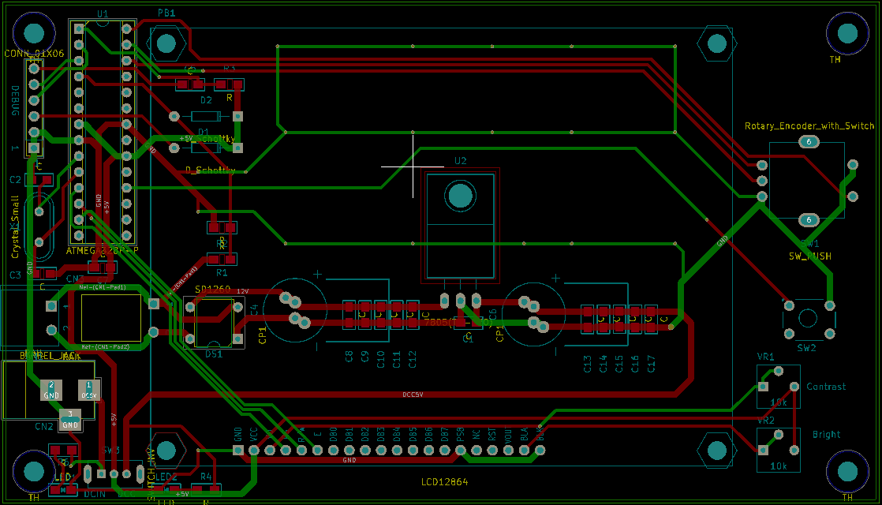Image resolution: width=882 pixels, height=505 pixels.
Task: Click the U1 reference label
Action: tap(103, 13)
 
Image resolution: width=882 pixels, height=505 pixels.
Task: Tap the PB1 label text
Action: tap(166, 13)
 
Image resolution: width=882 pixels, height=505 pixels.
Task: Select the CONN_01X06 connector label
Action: tap(33, 54)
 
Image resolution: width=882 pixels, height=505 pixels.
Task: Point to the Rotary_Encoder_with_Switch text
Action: tap(809, 126)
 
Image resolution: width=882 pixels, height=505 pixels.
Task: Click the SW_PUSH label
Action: tap(809, 256)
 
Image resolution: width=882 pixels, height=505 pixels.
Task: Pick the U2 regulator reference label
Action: tap(461, 161)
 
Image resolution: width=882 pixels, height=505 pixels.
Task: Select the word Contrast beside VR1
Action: tap(826, 387)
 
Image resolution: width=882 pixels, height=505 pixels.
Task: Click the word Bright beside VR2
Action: tap(826, 435)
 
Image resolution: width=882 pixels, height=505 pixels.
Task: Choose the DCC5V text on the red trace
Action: tap(413, 395)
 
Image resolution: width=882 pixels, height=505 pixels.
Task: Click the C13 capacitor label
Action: tap(588, 364)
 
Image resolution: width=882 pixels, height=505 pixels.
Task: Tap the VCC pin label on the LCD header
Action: tap(254, 434)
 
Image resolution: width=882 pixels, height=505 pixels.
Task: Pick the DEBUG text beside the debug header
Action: tap(14, 100)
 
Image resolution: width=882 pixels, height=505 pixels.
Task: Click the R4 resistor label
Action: tap(206, 477)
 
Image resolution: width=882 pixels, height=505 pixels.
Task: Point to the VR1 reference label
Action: tap(765, 357)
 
